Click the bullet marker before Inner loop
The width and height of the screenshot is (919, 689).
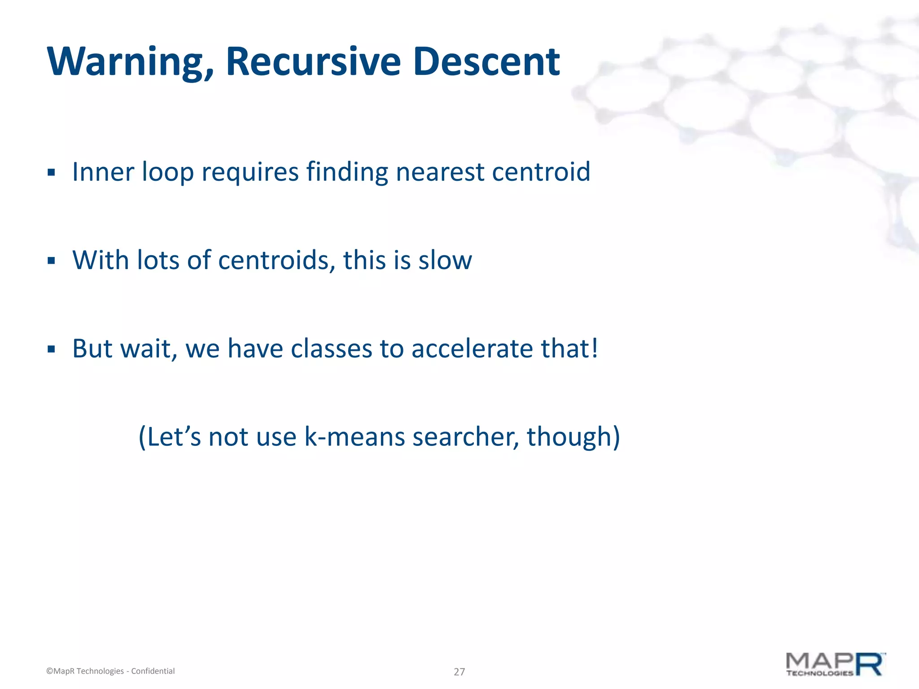pyautogui.click(x=51, y=173)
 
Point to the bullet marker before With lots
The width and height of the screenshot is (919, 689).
pyautogui.click(x=51, y=261)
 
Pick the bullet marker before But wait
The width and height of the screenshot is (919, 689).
pyautogui.click(x=51, y=349)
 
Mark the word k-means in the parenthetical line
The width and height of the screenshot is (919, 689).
pyautogui.click(x=354, y=437)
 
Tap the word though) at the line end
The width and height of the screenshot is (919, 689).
pyautogui.click(x=573, y=437)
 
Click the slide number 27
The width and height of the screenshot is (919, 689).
pyautogui.click(x=459, y=672)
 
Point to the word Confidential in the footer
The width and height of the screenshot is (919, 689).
pyautogui.click(x=153, y=671)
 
